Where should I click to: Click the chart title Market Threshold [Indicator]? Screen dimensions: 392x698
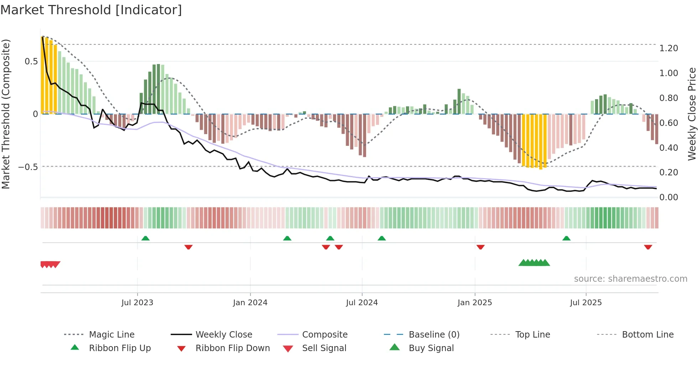point(91,10)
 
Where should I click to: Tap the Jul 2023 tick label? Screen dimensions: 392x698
point(137,302)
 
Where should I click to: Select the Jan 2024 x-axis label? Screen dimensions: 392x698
point(250,302)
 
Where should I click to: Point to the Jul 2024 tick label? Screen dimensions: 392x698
point(362,302)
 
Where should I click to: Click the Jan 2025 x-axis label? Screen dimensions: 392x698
point(475,302)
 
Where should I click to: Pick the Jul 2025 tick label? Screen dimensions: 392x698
point(586,302)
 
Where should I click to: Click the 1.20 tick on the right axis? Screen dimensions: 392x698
point(668,48)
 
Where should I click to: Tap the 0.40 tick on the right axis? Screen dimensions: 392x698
point(668,148)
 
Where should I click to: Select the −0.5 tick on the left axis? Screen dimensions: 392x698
point(28,167)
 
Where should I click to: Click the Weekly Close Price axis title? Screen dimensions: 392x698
point(692,114)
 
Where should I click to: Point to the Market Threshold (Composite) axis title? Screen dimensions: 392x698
point(6,114)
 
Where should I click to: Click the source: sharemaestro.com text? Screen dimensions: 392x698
point(630,279)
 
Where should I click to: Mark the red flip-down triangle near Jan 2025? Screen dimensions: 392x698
point(480,247)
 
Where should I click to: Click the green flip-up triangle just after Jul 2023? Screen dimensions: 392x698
point(145,238)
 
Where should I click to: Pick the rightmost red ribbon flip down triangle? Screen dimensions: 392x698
point(648,247)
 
